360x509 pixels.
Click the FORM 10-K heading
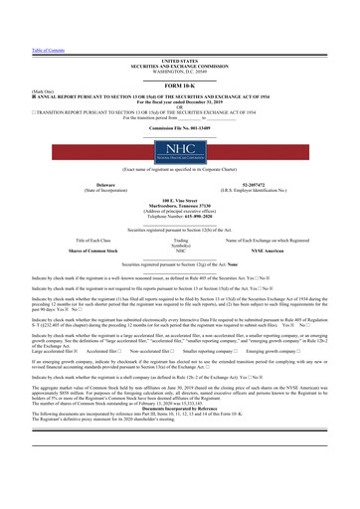(x=180, y=57)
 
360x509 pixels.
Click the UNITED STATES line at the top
(x=180, y=33)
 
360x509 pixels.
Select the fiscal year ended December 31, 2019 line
(x=180, y=79)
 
